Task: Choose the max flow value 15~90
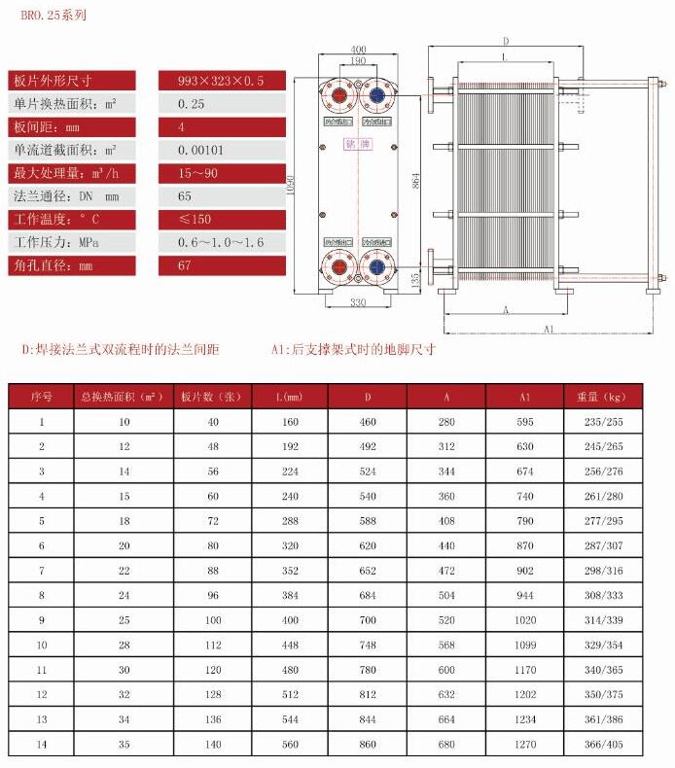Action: coord(197,174)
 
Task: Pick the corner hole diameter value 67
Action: coord(186,265)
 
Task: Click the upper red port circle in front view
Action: coord(337,96)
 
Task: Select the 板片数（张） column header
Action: coord(211,397)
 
